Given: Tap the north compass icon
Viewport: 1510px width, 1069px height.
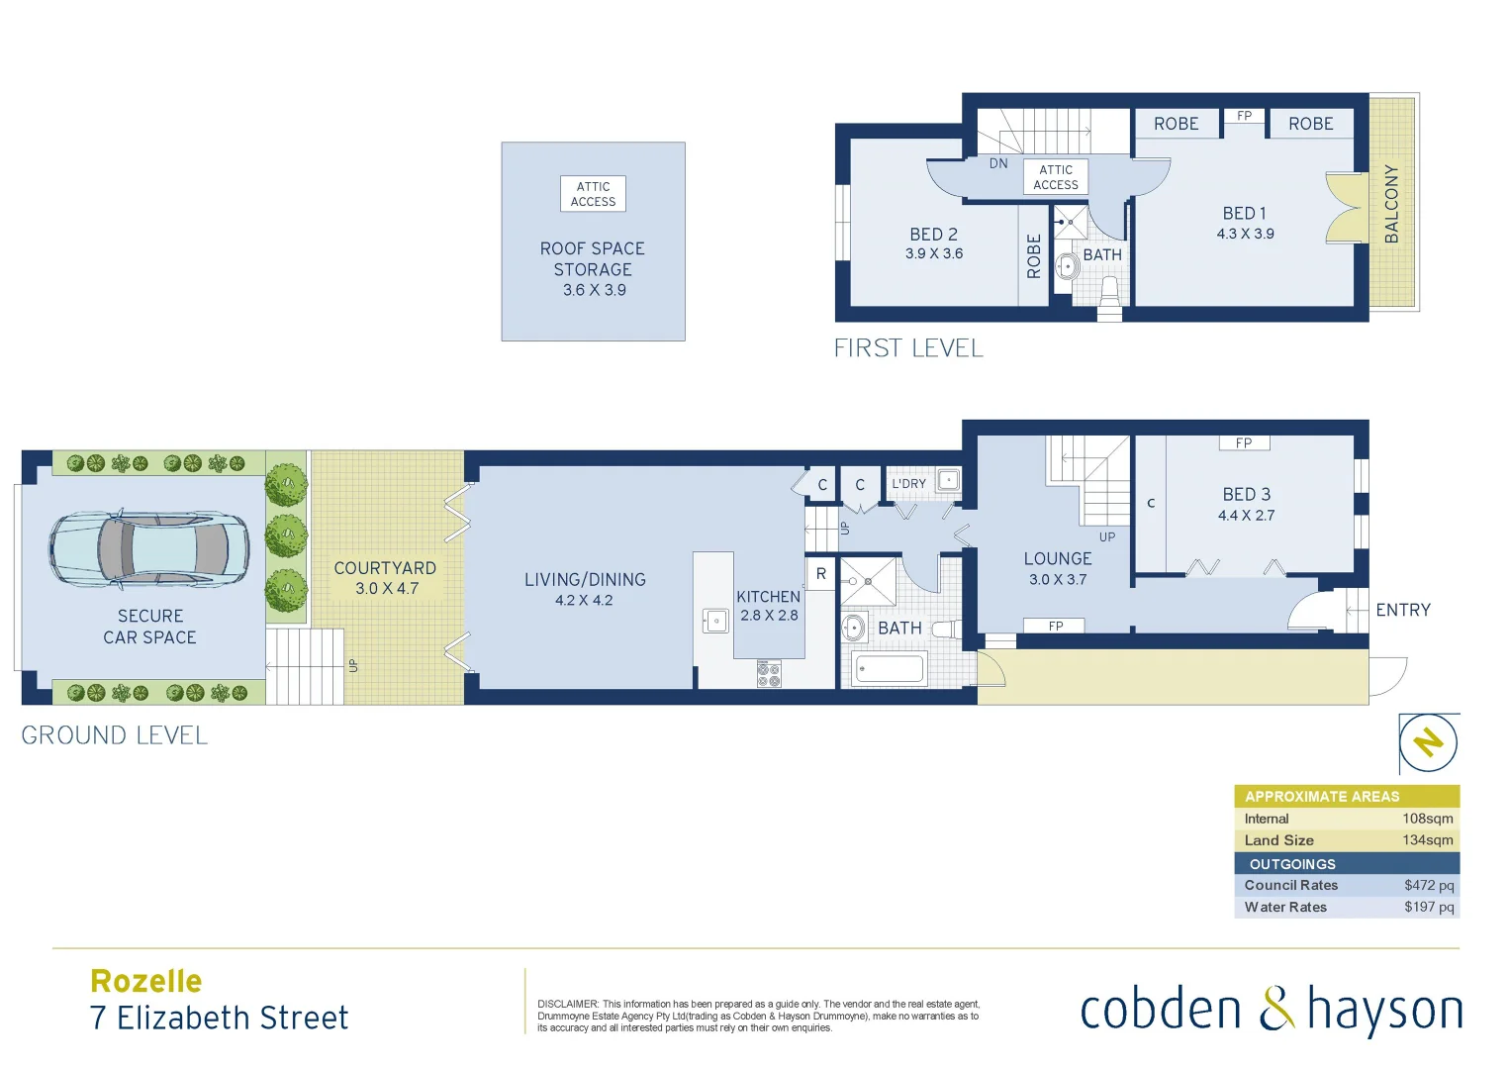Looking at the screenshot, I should (x=1428, y=742).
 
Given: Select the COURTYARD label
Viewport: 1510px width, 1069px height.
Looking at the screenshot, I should (x=385, y=568).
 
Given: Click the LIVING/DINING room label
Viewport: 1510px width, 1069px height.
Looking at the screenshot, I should (x=585, y=580).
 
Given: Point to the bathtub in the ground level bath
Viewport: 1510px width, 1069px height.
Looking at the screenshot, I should (x=889, y=669).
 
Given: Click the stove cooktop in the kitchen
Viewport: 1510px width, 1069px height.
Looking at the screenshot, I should (x=769, y=675).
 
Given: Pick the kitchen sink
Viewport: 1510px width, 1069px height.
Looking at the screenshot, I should (x=715, y=621).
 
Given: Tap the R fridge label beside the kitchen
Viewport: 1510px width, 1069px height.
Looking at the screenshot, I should (x=821, y=574).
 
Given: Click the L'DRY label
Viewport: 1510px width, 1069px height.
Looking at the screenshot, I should (x=908, y=484).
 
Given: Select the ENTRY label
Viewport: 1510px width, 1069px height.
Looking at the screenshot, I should (x=1402, y=610).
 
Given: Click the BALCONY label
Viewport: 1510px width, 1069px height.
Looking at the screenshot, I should (x=1392, y=204).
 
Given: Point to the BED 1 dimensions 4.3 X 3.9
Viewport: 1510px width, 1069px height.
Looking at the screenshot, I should (x=1245, y=235).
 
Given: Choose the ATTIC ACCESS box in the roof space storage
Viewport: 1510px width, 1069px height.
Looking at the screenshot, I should (x=593, y=194).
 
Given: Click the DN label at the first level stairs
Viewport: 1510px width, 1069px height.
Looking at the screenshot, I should (x=998, y=163).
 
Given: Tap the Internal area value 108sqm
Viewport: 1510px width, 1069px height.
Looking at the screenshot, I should (x=1427, y=819).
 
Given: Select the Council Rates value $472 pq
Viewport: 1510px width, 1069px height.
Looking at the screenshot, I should (x=1429, y=885).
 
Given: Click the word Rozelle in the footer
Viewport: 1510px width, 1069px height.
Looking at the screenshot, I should (x=146, y=981).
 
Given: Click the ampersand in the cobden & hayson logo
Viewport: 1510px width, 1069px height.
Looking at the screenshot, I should (x=1276, y=1010).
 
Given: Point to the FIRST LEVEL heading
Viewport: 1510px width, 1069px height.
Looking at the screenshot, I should (x=908, y=348).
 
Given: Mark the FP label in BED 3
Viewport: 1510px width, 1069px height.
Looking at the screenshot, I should (x=1244, y=443).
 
